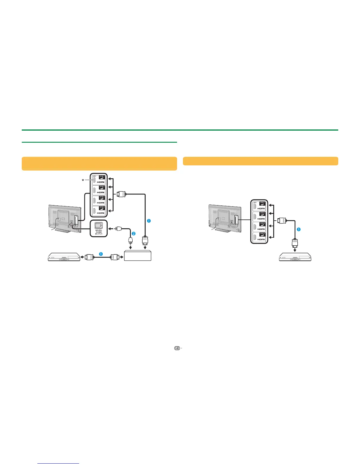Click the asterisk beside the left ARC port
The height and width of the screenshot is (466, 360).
[83, 180]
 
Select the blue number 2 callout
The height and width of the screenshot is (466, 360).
[134, 234]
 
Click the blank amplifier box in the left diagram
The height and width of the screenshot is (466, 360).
[138, 255]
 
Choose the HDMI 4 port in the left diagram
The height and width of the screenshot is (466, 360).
[99, 211]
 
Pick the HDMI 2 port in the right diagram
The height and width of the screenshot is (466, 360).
[258, 217]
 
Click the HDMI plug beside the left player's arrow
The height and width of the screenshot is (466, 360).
[89, 257]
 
